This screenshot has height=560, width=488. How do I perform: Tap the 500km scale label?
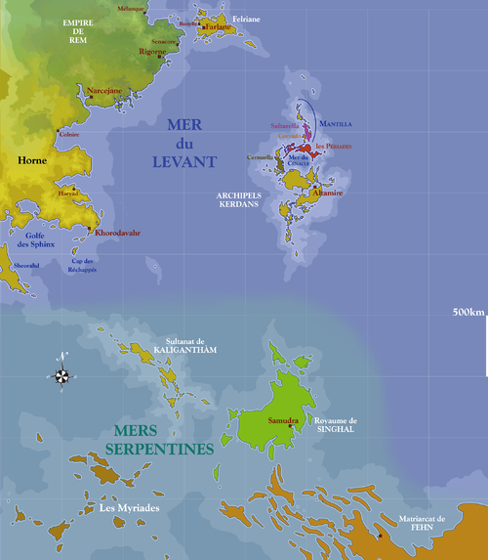pyautogui.click(x=468, y=313)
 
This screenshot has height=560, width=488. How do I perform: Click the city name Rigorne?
pyautogui.click(x=154, y=52)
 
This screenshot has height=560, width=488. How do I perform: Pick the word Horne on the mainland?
pyautogui.click(x=33, y=158)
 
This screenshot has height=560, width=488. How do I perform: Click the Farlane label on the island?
pyautogui.click(x=219, y=28)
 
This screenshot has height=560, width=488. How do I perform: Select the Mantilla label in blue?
pyautogui.click(x=335, y=125)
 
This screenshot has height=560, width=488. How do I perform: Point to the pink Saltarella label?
pyautogui.click(x=285, y=126)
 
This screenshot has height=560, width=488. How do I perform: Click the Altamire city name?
pyautogui.click(x=328, y=194)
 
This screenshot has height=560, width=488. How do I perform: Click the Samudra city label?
pyautogui.click(x=282, y=420)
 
